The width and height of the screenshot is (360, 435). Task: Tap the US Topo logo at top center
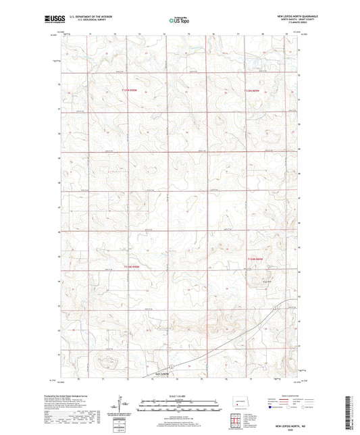(179, 21)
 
